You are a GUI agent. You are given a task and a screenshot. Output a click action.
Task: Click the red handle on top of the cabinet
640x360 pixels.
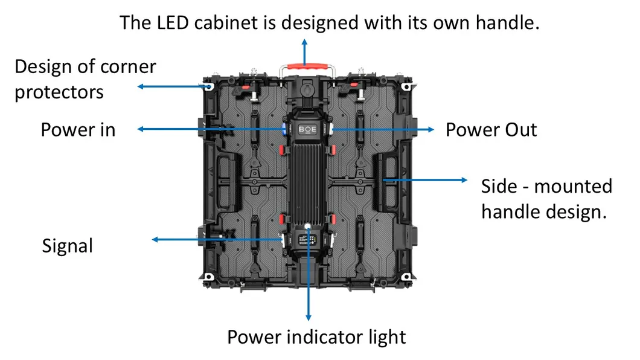point(305,65)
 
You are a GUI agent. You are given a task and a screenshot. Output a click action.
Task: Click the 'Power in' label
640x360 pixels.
point(78,129)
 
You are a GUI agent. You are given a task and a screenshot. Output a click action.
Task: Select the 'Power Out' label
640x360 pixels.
point(491,129)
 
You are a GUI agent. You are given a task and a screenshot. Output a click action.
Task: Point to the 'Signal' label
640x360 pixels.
point(68,246)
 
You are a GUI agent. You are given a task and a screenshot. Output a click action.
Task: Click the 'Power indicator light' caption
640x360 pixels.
point(316,336)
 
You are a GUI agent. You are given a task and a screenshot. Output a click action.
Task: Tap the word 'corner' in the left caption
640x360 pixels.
point(127,66)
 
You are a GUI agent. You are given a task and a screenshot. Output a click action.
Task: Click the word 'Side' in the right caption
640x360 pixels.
point(499,186)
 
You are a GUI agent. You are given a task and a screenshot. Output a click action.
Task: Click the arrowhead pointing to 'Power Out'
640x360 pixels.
point(430,129)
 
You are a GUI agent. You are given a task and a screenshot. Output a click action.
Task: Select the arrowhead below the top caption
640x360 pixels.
point(305,43)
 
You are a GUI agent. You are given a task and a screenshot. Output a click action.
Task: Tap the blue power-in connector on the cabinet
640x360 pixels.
point(281,129)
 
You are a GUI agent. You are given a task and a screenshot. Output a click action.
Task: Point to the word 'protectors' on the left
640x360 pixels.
point(59,92)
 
